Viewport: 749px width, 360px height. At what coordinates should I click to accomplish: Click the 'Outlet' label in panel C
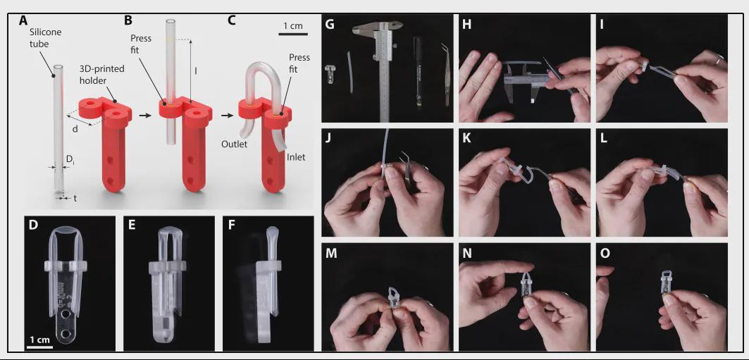point(235,144)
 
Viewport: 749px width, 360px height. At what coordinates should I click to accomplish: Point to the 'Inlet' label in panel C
point(296,156)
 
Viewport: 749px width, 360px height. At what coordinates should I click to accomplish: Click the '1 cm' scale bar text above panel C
point(293,26)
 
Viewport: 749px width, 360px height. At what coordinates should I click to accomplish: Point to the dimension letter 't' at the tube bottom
point(75,199)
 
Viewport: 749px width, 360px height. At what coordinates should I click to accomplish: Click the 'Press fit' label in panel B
point(142,44)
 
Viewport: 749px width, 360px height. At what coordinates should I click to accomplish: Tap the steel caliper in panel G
point(384,72)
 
